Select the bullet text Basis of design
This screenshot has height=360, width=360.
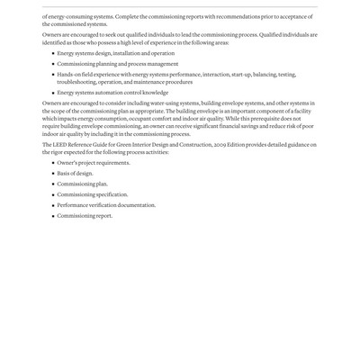(75, 173)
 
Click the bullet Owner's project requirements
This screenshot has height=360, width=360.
(94, 163)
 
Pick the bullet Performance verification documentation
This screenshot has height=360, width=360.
(106, 205)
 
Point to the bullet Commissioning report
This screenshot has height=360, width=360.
(85, 216)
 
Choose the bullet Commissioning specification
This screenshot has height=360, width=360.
(92, 194)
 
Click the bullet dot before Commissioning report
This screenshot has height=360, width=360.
(52, 216)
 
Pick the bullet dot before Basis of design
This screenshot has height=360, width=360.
(52, 173)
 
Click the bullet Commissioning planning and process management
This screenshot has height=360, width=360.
(117, 65)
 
